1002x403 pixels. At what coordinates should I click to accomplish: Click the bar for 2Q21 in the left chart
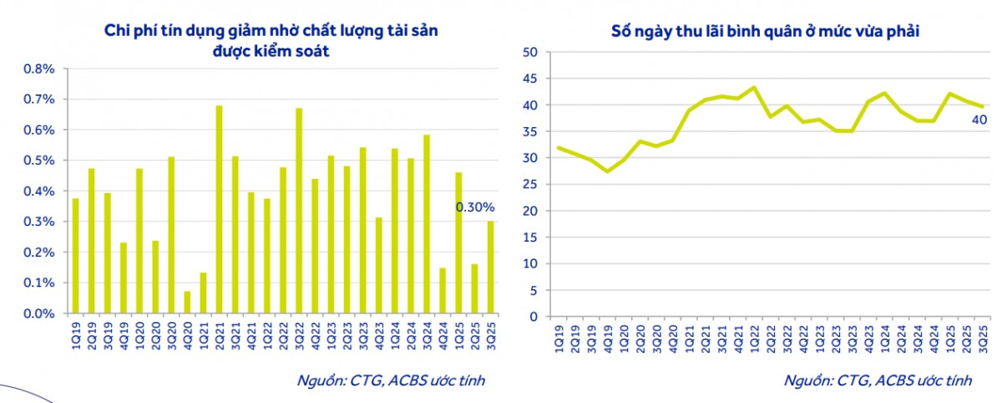tap(219, 210)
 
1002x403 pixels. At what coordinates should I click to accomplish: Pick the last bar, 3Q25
tap(491, 268)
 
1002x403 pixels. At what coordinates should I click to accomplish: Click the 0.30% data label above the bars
tap(475, 207)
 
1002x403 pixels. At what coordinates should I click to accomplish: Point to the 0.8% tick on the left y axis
tap(39, 69)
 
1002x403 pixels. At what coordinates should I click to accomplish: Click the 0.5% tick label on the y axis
tap(39, 161)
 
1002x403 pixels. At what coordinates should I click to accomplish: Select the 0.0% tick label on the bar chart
tap(39, 314)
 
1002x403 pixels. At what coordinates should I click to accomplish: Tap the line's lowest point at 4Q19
tap(607, 171)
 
